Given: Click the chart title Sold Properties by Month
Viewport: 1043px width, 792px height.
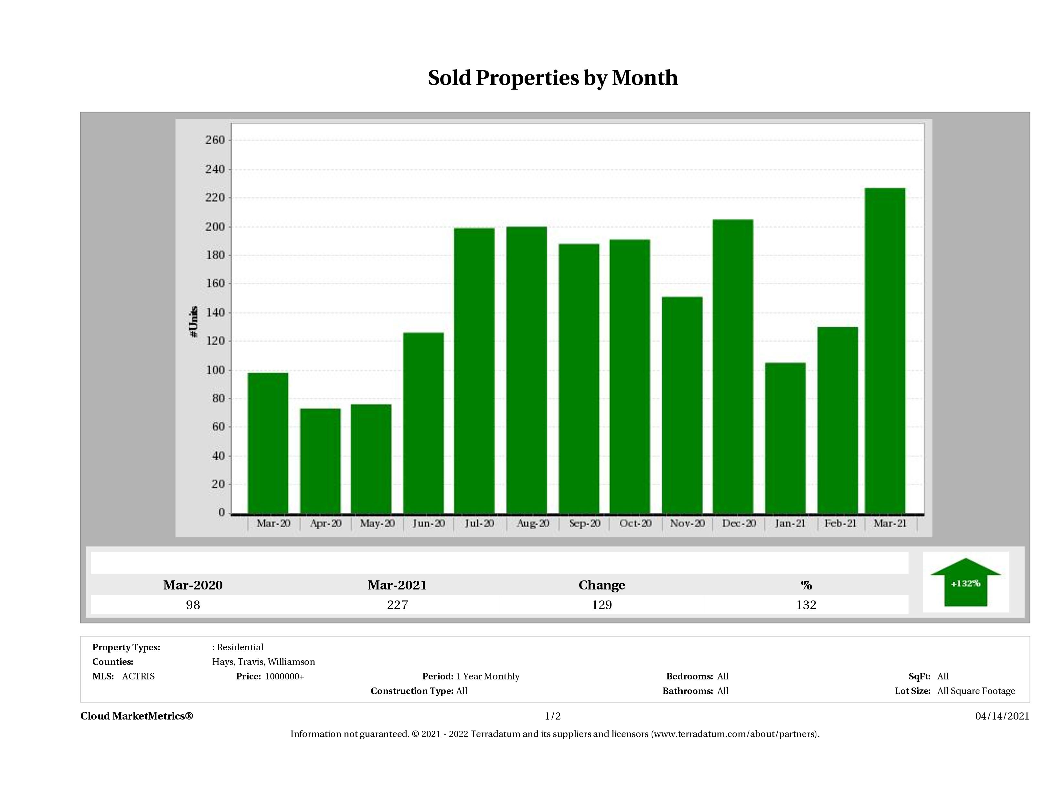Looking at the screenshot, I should tap(553, 78).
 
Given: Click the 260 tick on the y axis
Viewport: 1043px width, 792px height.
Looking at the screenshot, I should tap(215, 140).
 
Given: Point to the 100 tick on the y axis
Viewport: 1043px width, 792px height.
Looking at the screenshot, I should tap(215, 370).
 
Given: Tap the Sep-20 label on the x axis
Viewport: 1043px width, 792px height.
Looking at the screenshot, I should tap(584, 523).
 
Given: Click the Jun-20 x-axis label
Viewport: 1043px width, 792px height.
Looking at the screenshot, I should tap(428, 523).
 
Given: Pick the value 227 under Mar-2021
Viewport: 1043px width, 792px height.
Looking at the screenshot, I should tap(397, 605).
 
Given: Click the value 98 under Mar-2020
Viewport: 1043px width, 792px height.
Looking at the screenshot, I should tap(193, 605).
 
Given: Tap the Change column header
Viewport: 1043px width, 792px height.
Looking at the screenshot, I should tap(602, 585).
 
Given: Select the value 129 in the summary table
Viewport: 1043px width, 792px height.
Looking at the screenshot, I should tap(602, 605).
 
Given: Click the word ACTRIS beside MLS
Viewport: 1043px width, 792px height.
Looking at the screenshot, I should tap(138, 676).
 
